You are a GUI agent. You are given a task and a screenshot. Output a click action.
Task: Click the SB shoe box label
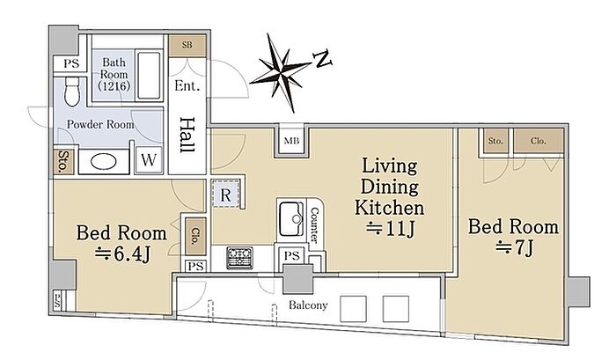click(187, 45)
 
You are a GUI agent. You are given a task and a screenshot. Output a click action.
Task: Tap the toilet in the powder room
click(72, 92)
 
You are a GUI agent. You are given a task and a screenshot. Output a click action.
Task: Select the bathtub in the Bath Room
click(150, 75)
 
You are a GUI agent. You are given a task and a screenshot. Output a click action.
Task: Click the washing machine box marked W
click(149, 160)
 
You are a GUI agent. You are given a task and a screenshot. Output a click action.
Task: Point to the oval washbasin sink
click(103, 162)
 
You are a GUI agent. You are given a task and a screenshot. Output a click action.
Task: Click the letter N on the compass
click(323, 59)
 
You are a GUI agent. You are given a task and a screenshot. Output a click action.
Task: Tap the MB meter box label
click(291, 141)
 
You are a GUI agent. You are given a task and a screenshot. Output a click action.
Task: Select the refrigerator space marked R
click(225, 195)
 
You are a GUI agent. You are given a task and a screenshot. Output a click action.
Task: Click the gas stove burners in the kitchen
click(239, 258)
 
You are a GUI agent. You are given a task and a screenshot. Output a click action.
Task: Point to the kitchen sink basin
click(291, 219)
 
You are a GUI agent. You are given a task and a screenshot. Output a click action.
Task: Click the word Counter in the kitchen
click(314, 224)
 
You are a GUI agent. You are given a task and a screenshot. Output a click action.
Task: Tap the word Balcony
click(308, 305)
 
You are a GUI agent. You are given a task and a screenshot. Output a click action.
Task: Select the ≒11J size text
click(390, 229)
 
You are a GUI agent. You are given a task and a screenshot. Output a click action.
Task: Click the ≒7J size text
click(514, 247)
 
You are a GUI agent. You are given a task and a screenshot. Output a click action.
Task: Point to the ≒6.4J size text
click(122, 253)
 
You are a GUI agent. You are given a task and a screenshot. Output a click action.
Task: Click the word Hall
click(187, 135)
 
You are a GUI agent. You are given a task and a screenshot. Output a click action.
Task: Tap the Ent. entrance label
click(187, 85)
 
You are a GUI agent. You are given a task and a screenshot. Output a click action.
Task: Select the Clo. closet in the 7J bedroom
click(539, 140)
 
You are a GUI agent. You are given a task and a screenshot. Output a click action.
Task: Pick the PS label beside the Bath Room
click(71, 63)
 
